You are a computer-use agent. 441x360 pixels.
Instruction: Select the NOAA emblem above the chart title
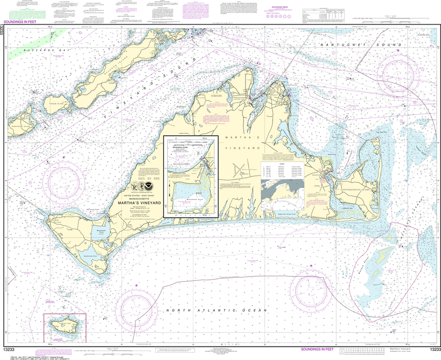(x=150, y=186)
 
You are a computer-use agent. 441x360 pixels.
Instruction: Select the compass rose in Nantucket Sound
(x=398, y=71)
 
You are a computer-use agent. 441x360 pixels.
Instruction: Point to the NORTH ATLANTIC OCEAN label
(x=217, y=310)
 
